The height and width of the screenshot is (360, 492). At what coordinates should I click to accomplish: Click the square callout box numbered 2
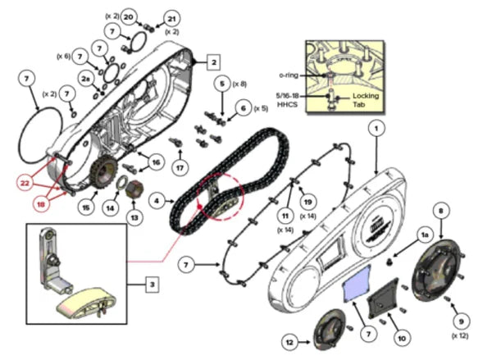(212, 62)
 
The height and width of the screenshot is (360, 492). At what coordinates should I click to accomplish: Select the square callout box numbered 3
(153, 285)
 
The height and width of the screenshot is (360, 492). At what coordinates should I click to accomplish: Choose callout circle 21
(171, 18)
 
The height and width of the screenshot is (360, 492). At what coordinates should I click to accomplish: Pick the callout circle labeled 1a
(425, 235)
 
